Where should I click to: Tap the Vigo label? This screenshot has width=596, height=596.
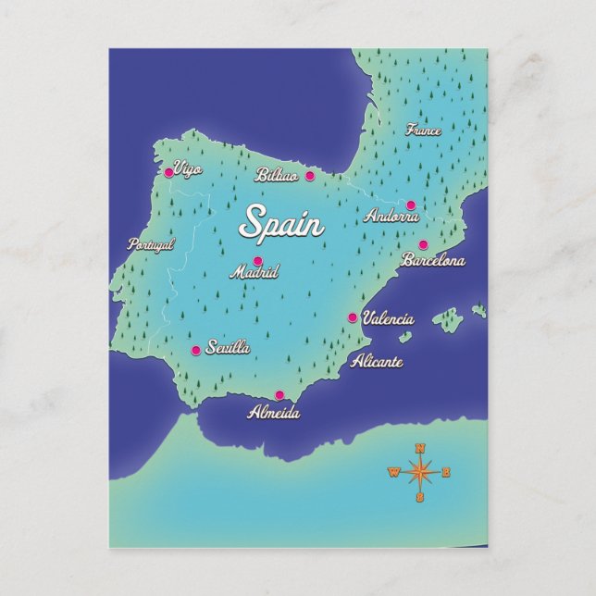188,169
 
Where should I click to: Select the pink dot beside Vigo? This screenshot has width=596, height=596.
168,172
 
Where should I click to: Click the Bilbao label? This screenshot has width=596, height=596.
278,175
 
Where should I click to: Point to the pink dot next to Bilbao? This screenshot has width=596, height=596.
310,175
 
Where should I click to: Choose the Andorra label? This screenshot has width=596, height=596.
392,217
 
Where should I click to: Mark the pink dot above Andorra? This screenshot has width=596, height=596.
411,205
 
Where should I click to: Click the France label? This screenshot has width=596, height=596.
424,130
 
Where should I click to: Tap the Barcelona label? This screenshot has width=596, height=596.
433,261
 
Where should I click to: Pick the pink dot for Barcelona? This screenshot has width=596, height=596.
423,245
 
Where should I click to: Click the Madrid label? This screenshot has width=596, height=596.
254,273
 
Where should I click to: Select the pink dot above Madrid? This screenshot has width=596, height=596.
257,261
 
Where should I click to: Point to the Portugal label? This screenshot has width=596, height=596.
152,245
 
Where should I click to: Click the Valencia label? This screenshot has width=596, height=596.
388,318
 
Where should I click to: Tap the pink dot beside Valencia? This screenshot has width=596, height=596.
352,317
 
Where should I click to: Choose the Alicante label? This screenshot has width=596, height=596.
377,362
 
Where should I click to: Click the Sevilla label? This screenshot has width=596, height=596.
229,348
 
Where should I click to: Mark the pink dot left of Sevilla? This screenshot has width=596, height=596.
195,351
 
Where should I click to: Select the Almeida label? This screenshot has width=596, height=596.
274,413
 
